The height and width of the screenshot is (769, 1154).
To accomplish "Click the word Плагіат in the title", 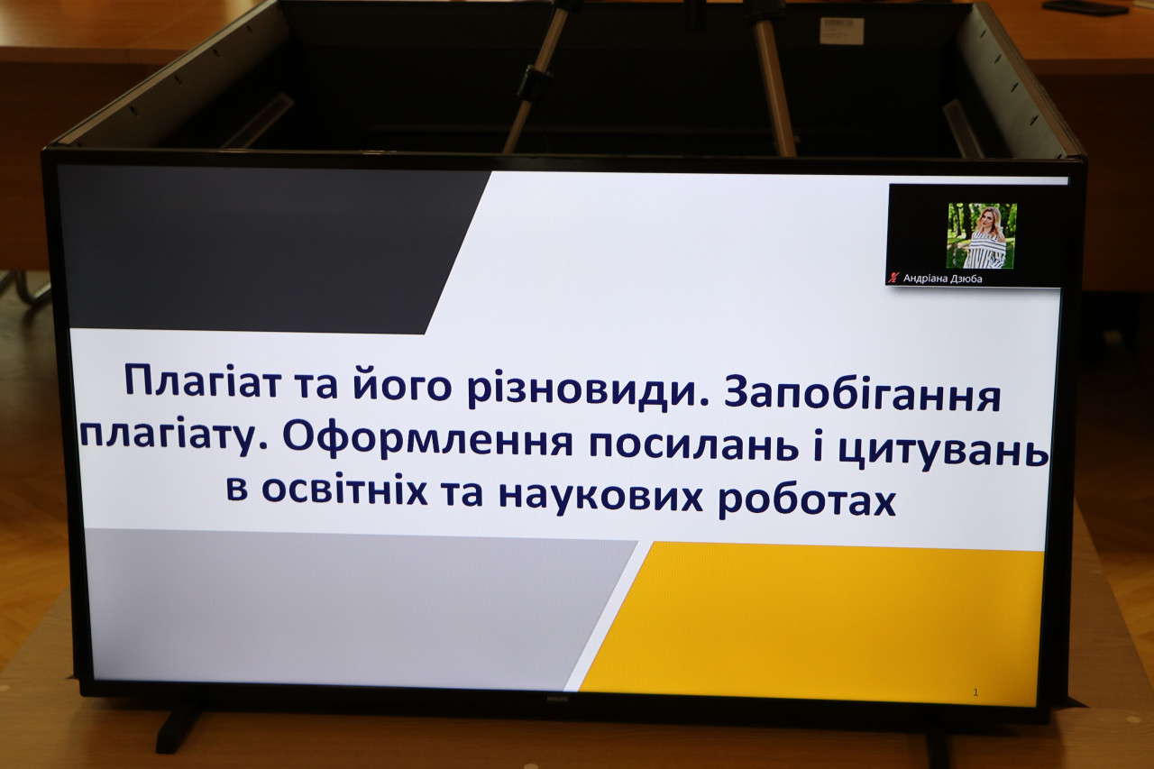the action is tap(203, 382).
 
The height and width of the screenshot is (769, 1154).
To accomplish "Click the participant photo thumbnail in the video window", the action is tap(982, 235).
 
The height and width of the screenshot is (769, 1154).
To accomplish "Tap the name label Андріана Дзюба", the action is tap(943, 279).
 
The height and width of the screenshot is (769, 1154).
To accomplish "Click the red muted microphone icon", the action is tap(893, 278).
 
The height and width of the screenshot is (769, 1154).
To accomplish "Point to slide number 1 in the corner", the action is tap(975, 692).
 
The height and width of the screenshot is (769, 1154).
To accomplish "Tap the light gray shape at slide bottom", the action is tap(355, 608).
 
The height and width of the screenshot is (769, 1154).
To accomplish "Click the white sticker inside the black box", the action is tap(841, 30).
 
